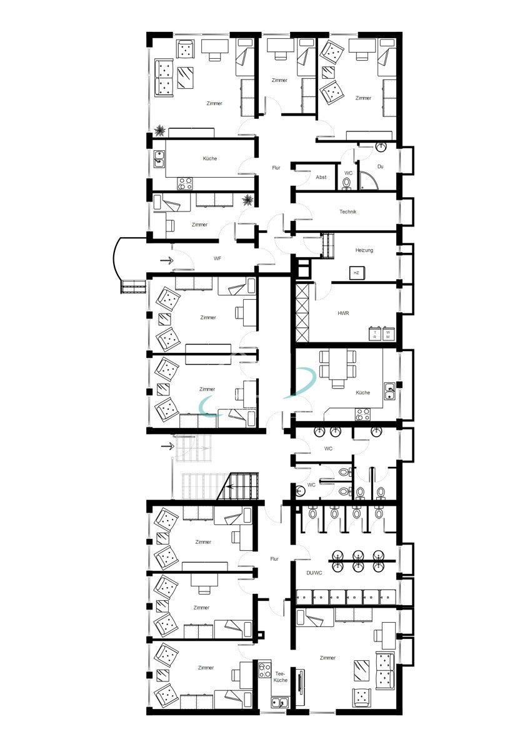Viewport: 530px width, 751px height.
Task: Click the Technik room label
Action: coord(347,212)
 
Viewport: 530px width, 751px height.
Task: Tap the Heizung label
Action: coord(364,250)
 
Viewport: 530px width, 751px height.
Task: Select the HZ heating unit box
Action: coord(357,273)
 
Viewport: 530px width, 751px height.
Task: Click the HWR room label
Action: coord(343,313)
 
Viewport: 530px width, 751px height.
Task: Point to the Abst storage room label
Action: coord(321,177)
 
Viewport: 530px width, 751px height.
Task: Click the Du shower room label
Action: coord(381,166)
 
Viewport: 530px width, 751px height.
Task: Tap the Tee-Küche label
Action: coord(280,677)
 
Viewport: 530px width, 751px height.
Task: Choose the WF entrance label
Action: coord(217,258)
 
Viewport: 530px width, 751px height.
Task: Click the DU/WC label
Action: coord(314,573)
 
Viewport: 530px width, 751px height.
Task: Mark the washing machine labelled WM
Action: coord(388,334)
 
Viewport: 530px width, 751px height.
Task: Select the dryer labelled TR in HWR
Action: coord(375,334)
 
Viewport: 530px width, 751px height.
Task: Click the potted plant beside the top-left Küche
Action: coord(248,200)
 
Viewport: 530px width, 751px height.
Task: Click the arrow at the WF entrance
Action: coord(167,260)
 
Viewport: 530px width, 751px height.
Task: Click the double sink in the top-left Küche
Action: coord(159,159)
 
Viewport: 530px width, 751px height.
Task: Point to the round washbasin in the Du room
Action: coord(381,146)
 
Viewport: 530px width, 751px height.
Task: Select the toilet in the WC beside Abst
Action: coord(347,183)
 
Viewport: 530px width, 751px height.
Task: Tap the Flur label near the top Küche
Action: coord(276,168)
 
